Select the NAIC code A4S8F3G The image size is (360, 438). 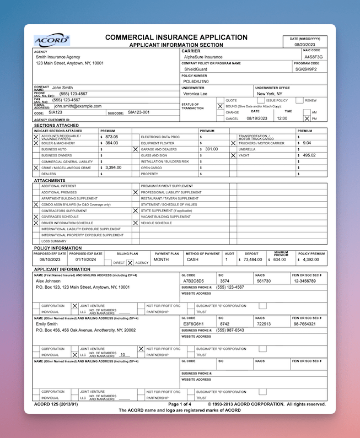pos(313,57)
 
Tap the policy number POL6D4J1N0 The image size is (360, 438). pos(196,81)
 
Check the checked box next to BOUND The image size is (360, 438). pos(221,106)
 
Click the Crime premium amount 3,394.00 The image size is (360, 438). pos(114,167)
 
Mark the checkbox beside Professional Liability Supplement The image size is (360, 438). pos(136,192)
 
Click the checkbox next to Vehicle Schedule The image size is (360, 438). pos(136,223)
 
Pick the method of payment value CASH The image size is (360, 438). pos(192,259)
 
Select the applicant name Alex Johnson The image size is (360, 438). pos(48,280)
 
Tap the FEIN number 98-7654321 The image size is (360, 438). pos(305,324)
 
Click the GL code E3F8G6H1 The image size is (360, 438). pos(194,324)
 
